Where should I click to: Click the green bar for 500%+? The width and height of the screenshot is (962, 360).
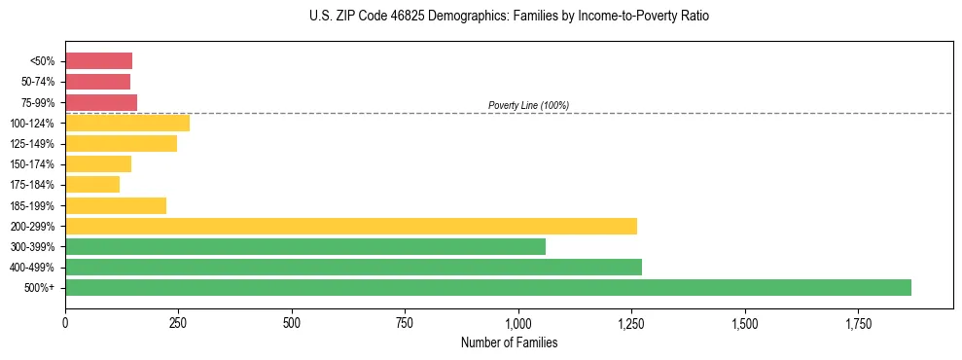pyautogui.click(x=487, y=287)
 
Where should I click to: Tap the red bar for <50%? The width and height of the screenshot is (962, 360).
pyautogui.click(x=98, y=61)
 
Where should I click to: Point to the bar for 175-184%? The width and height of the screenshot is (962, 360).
pyautogui.click(x=92, y=184)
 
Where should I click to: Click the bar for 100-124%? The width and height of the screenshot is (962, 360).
pyautogui.click(x=127, y=123)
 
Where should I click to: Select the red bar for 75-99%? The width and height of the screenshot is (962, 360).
pyautogui.click(x=101, y=102)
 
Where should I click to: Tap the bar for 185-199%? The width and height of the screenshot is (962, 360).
pyautogui.click(x=116, y=205)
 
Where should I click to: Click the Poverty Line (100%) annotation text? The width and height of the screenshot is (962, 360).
pyautogui.click(x=528, y=105)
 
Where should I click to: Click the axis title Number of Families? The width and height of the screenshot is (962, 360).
pyautogui.click(x=509, y=342)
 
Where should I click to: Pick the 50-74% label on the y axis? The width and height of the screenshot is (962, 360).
pyautogui.click(x=39, y=82)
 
